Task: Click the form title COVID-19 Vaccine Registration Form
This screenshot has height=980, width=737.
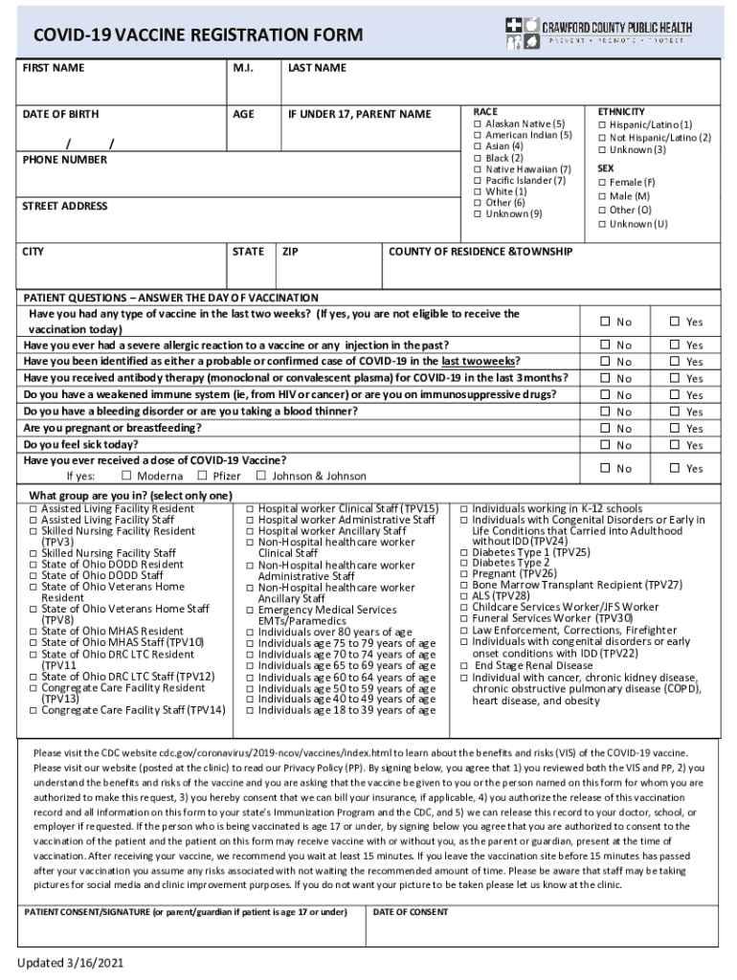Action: point(198,36)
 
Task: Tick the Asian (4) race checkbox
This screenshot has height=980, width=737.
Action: point(477,146)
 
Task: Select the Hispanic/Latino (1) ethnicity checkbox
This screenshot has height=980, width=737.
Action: point(602,124)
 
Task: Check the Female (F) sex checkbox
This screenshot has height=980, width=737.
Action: point(602,182)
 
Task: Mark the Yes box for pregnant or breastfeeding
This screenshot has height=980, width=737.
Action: point(674,429)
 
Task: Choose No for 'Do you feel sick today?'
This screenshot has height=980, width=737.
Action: point(604,445)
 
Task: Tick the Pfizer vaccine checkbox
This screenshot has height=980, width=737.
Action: point(202,476)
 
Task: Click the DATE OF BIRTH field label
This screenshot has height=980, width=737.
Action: point(60,114)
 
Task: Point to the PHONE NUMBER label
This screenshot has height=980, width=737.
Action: point(65,160)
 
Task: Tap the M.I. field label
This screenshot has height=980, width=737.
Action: point(243,68)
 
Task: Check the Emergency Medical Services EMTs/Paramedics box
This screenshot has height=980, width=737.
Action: point(250,610)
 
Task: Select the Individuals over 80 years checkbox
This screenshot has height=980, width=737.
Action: point(250,633)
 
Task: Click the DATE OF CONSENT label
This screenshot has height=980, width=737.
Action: point(411,912)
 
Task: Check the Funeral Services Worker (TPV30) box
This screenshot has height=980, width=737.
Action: point(463,618)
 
